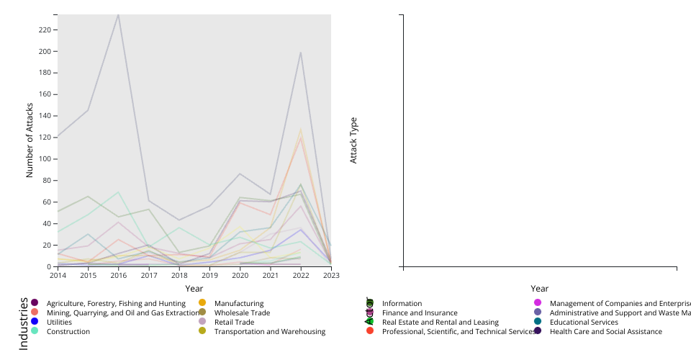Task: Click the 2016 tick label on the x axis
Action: tap(119, 275)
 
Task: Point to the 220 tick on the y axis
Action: tap(44, 30)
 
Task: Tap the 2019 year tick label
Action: tap(210, 275)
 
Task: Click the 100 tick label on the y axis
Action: tap(44, 159)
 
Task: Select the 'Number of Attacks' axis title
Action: tap(30, 140)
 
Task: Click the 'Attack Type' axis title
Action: tap(353, 140)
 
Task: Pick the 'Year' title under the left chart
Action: tap(194, 289)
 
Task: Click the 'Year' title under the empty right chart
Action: tap(540, 289)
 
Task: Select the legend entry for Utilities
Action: tap(59, 323)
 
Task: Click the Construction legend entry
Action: tap(68, 332)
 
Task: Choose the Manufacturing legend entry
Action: tap(239, 304)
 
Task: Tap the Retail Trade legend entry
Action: tap(234, 323)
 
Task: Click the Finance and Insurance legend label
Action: tap(420, 313)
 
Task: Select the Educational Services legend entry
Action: tap(584, 323)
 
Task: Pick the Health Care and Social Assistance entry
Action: tap(605, 332)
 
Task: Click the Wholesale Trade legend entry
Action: tap(242, 313)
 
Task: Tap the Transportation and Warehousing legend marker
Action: tap(202, 331)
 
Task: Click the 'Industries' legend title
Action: tap(23, 323)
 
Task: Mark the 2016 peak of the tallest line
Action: tap(119, 14)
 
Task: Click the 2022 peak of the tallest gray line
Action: tap(300, 53)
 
